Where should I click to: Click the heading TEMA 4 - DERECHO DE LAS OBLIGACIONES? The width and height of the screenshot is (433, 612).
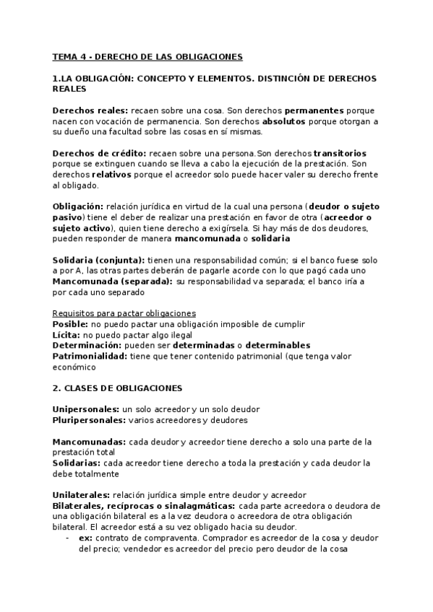coord(147,56)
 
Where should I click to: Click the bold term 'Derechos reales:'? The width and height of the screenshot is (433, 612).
coord(90,110)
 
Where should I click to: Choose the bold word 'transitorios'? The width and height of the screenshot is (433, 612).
coord(340,153)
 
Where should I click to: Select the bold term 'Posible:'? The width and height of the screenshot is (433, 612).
coord(70,324)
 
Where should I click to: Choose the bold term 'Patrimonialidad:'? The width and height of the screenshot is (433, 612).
coord(90,356)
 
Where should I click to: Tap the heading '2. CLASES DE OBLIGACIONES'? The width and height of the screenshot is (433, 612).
coord(117,388)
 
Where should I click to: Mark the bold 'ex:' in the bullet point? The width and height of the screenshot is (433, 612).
coord(86,538)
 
